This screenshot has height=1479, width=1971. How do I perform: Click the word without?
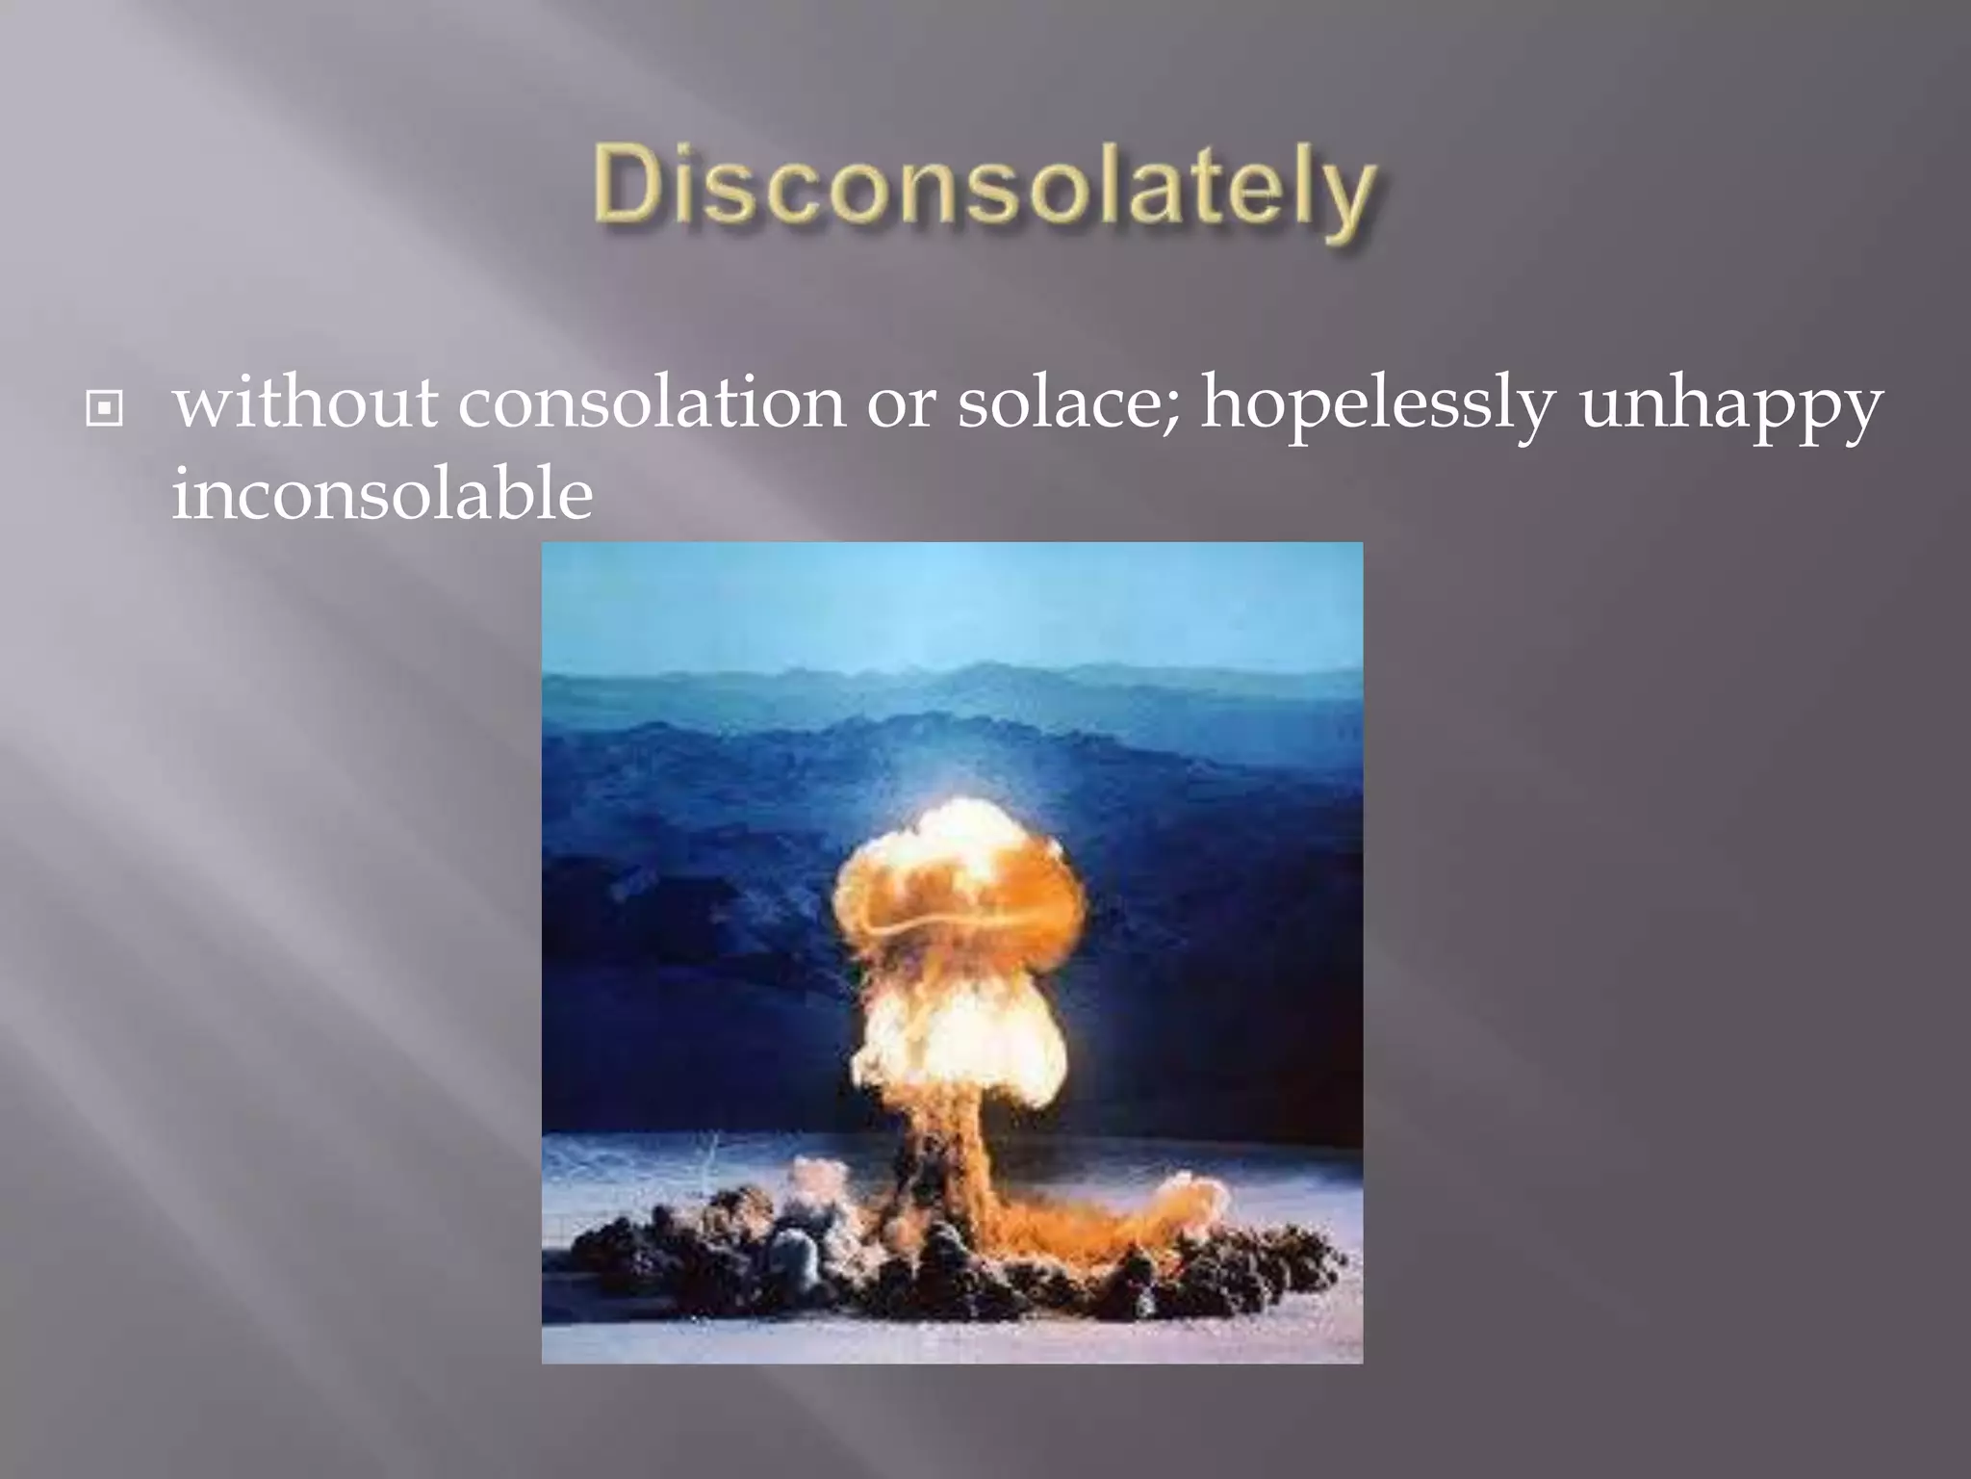[304, 402]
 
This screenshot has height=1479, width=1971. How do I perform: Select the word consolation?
[651, 402]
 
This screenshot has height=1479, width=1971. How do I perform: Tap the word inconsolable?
[381, 495]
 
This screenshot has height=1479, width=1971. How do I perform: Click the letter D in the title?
[629, 185]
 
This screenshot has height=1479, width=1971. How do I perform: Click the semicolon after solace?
[1170, 410]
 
